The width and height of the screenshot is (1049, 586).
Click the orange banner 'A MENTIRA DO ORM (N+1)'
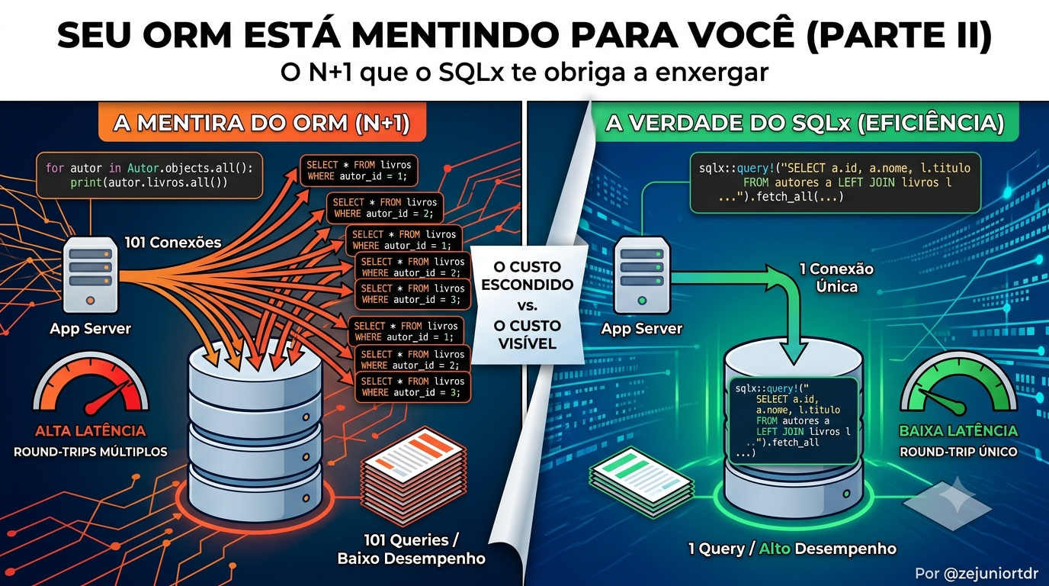[x=262, y=123]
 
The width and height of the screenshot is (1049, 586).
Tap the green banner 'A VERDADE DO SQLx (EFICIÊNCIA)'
[x=804, y=123]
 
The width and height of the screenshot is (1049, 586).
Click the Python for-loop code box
[x=149, y=175]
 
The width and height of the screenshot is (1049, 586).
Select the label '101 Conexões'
[x=173, y=243]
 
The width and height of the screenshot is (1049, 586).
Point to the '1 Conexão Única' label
[x=836, y=278]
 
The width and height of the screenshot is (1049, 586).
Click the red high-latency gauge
[x=91, y=385]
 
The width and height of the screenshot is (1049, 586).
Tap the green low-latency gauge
[x=958, y=385]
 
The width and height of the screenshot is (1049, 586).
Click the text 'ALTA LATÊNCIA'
[x=91, y=431]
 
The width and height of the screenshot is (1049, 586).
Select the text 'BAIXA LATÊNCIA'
[x=958, y=431]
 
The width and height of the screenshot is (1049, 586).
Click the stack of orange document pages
[x=414, y=474]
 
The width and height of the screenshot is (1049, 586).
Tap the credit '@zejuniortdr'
[x=990, y=573]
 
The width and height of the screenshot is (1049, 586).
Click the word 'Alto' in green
[x=775, y=549]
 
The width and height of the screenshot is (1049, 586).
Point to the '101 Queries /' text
[x=411, y=540]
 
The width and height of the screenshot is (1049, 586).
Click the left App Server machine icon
[x=91, y=275]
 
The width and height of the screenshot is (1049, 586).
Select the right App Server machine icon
[x=642, y=275]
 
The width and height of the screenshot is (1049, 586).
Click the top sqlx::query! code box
[x=836, y=183]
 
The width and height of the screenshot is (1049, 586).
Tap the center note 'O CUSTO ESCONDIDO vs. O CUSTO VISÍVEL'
[x=528, y=304]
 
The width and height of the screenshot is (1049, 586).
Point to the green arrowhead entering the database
[x=794, y=354]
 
